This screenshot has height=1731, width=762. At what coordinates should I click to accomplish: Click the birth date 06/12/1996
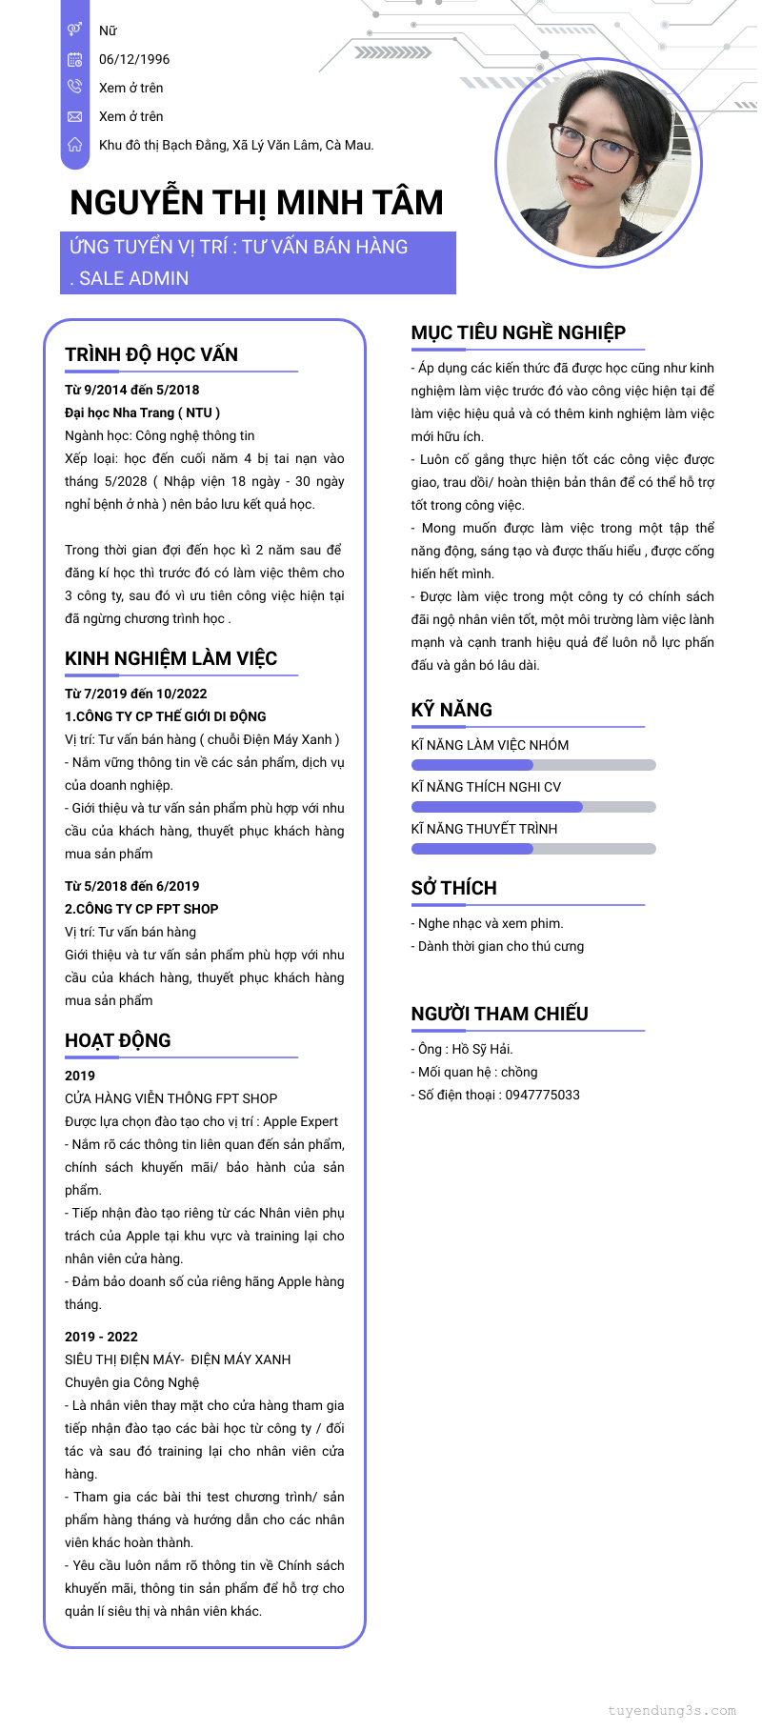[x=134, y=59]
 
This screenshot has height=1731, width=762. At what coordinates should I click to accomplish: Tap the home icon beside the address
[x=75, y=145]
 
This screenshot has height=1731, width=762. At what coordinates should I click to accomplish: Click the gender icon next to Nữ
[x=75, y=30]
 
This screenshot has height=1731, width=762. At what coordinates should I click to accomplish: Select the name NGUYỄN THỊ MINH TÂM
[x=256, y=203]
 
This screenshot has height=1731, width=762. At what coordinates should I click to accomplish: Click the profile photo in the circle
[x=598, y=162]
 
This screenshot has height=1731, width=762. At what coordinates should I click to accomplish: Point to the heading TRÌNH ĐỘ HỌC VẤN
[x=151, y=354]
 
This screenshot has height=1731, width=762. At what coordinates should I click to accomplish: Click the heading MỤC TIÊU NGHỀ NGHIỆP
[x=518, y=332]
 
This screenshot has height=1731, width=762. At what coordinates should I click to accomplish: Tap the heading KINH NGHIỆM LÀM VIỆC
[x=170, y=658]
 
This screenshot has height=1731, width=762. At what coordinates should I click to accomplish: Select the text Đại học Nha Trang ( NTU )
[x=142, y=413]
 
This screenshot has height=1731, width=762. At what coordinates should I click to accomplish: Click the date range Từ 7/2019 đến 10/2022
[x=135, y=694]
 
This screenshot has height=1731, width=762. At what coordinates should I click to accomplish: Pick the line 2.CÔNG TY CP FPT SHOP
[x=141, y=909]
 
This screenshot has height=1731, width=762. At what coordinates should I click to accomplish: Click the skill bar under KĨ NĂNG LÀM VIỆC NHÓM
[x=533, y=765]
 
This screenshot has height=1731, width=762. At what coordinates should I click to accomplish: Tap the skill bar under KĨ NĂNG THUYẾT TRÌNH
[x=533, y=849]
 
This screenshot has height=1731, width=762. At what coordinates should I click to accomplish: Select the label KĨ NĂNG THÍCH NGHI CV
[x=486, y=787]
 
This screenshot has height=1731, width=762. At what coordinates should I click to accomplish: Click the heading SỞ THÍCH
[x=453, y=888]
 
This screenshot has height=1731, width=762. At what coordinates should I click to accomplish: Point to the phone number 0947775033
[x=542, y=1095]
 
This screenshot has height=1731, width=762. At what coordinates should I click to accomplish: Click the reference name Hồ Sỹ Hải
[x=482, y=1049]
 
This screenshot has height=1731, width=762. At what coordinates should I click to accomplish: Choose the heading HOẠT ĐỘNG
[x=118, y=1040]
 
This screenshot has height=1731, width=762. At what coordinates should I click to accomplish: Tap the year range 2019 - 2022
[x=101, y=1337]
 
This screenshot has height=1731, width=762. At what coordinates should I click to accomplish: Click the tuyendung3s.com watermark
[x=672, y=1710]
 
